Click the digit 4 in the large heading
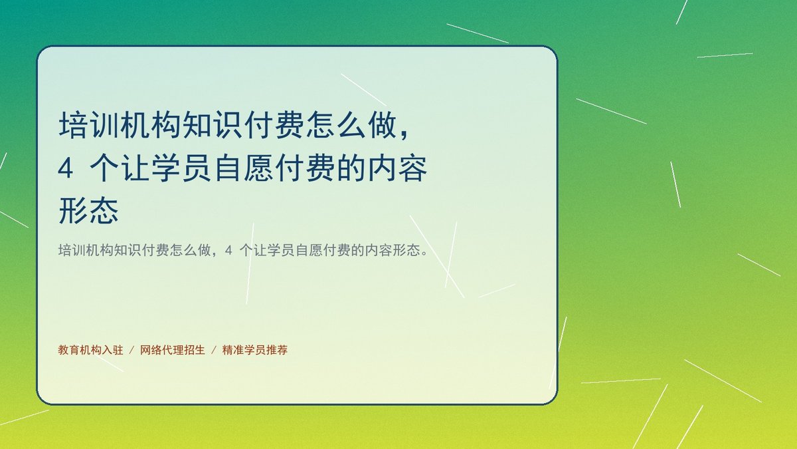tap(66, 169)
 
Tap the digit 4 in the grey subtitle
tap(228, 251)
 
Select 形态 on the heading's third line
tap(88, 211)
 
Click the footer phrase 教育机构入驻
tap(91, 350)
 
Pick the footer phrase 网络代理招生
tap(173, 350)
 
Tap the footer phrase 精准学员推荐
tap(255, 350)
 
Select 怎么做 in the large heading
tap(352, 125)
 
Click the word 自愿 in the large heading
tap(244, 168)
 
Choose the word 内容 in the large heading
tap(397, 168)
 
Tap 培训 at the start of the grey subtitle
tap(72, 251)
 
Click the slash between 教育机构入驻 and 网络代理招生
tap(132, 350)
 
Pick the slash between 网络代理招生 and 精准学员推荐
tap(214, 350)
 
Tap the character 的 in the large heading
tap(351, 168)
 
